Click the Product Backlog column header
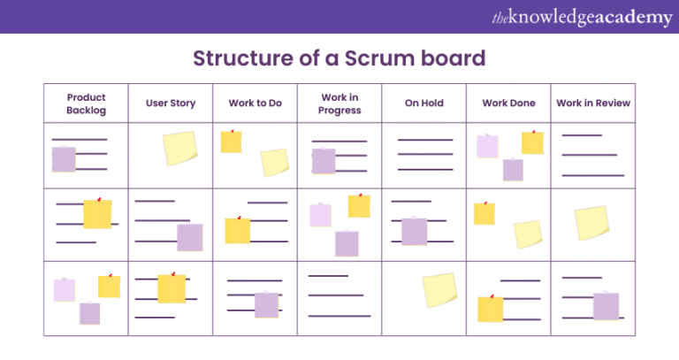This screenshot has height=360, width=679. point(86,103)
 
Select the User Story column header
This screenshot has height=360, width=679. point(171,103)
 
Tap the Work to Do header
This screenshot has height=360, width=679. point(255,103)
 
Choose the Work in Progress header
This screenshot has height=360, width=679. point(340,103)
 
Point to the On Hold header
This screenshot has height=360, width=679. point(423,103)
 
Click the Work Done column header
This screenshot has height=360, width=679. point(508,103)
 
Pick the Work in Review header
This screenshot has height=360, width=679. point(593,103)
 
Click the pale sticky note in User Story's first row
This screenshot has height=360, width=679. point(179,148)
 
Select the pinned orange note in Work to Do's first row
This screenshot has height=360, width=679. point(232,142)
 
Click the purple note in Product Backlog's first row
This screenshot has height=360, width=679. point(64,159)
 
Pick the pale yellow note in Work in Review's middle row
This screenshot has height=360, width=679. point(591,223)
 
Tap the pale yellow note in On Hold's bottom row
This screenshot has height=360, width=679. point(439,289)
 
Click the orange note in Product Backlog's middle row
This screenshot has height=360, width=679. point(97,214)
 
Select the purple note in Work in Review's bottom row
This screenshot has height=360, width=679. point(606,306)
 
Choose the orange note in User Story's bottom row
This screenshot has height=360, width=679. point(172,288)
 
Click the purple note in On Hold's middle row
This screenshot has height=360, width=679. point(415,231)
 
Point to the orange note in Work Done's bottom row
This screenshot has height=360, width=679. point(490,309)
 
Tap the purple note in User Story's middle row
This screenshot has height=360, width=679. point(189,237)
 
